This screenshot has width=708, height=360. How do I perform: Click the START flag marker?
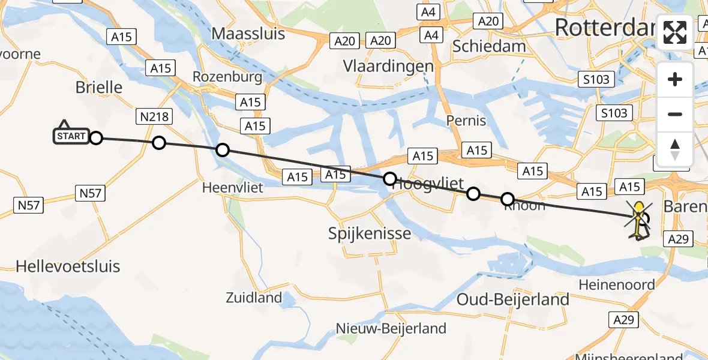[x=71, y=136]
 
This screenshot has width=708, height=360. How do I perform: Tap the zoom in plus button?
[x=675, y=80]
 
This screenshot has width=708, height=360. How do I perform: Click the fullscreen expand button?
[x=675, y=32]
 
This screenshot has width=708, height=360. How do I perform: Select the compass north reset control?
[x=675, y=149]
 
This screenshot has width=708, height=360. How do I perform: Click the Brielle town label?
[x=99, y=88]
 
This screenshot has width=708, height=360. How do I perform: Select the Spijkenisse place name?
[x=370, y=233]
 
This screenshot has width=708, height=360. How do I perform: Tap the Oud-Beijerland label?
[x=513, y=299]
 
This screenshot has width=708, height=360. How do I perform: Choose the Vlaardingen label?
[x=388, y=65]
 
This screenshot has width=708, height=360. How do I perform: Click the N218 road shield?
[x=155, y=116]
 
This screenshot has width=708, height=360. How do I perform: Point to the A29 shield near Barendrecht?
[x=678, y=239]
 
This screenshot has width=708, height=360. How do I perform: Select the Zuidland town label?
[x=254, y=297]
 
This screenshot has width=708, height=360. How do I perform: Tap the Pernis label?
[x=466, y=121]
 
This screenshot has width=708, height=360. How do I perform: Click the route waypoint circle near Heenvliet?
[x=223, y=150]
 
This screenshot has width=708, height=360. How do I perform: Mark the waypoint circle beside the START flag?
[x=96, y=139]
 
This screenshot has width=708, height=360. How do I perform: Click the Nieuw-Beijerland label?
[x=391, y=328]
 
